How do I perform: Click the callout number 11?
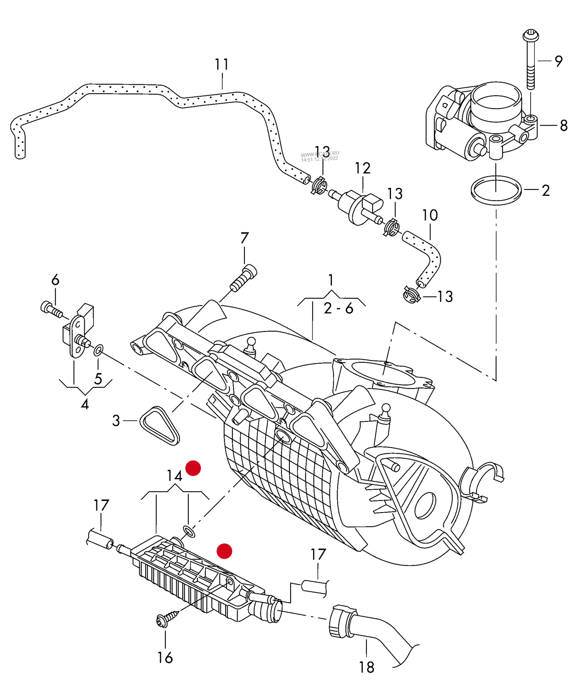(222, 64)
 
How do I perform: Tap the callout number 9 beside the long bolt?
(558, 61)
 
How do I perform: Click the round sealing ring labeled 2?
(496, 190)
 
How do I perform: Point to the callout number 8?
(564, 126)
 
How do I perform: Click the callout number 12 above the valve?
(362, 168)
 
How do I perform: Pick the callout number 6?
(55, 280)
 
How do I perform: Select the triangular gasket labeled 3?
(159, 426)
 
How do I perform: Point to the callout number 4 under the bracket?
(85, 404)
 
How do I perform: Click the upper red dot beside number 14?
(193, 468)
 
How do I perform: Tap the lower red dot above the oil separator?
(224, 551)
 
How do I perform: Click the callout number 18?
(366, 667)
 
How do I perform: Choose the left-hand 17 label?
(101, 505)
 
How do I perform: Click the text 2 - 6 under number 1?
(338, 308)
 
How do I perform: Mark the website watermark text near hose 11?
(320, 156)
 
